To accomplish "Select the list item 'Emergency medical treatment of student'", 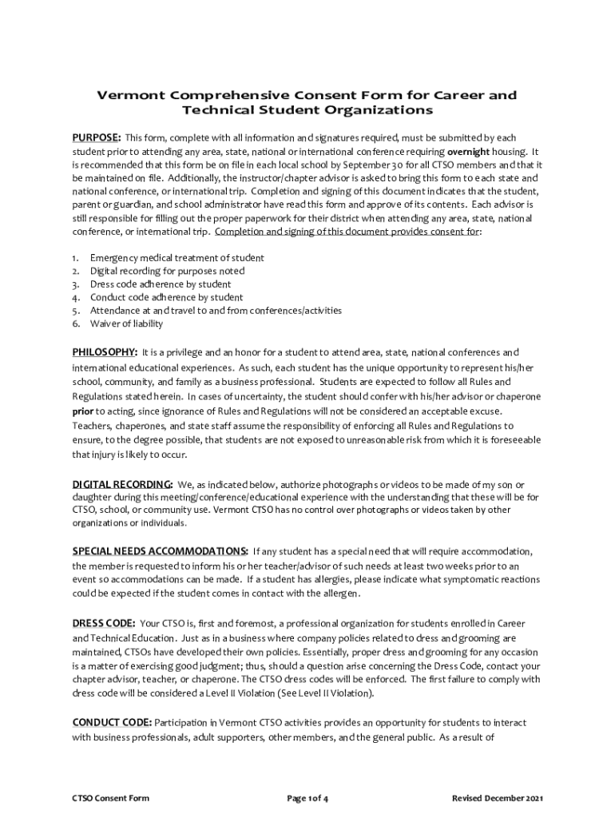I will click(177, 258).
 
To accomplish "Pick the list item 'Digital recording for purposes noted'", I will click(167, 271).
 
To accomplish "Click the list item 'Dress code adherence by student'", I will click(161, 284).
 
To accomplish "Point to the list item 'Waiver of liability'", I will click(126, 324).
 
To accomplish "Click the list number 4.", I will click(75, 297).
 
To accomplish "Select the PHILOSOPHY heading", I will click(105, 352).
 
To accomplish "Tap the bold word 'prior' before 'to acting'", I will click(84, 411).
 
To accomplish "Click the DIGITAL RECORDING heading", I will click(122, 484).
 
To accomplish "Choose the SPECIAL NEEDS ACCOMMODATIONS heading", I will click(160, 551).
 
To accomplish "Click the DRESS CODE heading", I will click(103, 622).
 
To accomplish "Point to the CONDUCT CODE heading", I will click(111, 722).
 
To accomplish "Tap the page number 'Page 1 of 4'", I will click(307, 798).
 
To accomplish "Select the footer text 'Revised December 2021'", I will click(497, 798).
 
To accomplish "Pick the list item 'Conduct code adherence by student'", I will click(166, 297).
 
